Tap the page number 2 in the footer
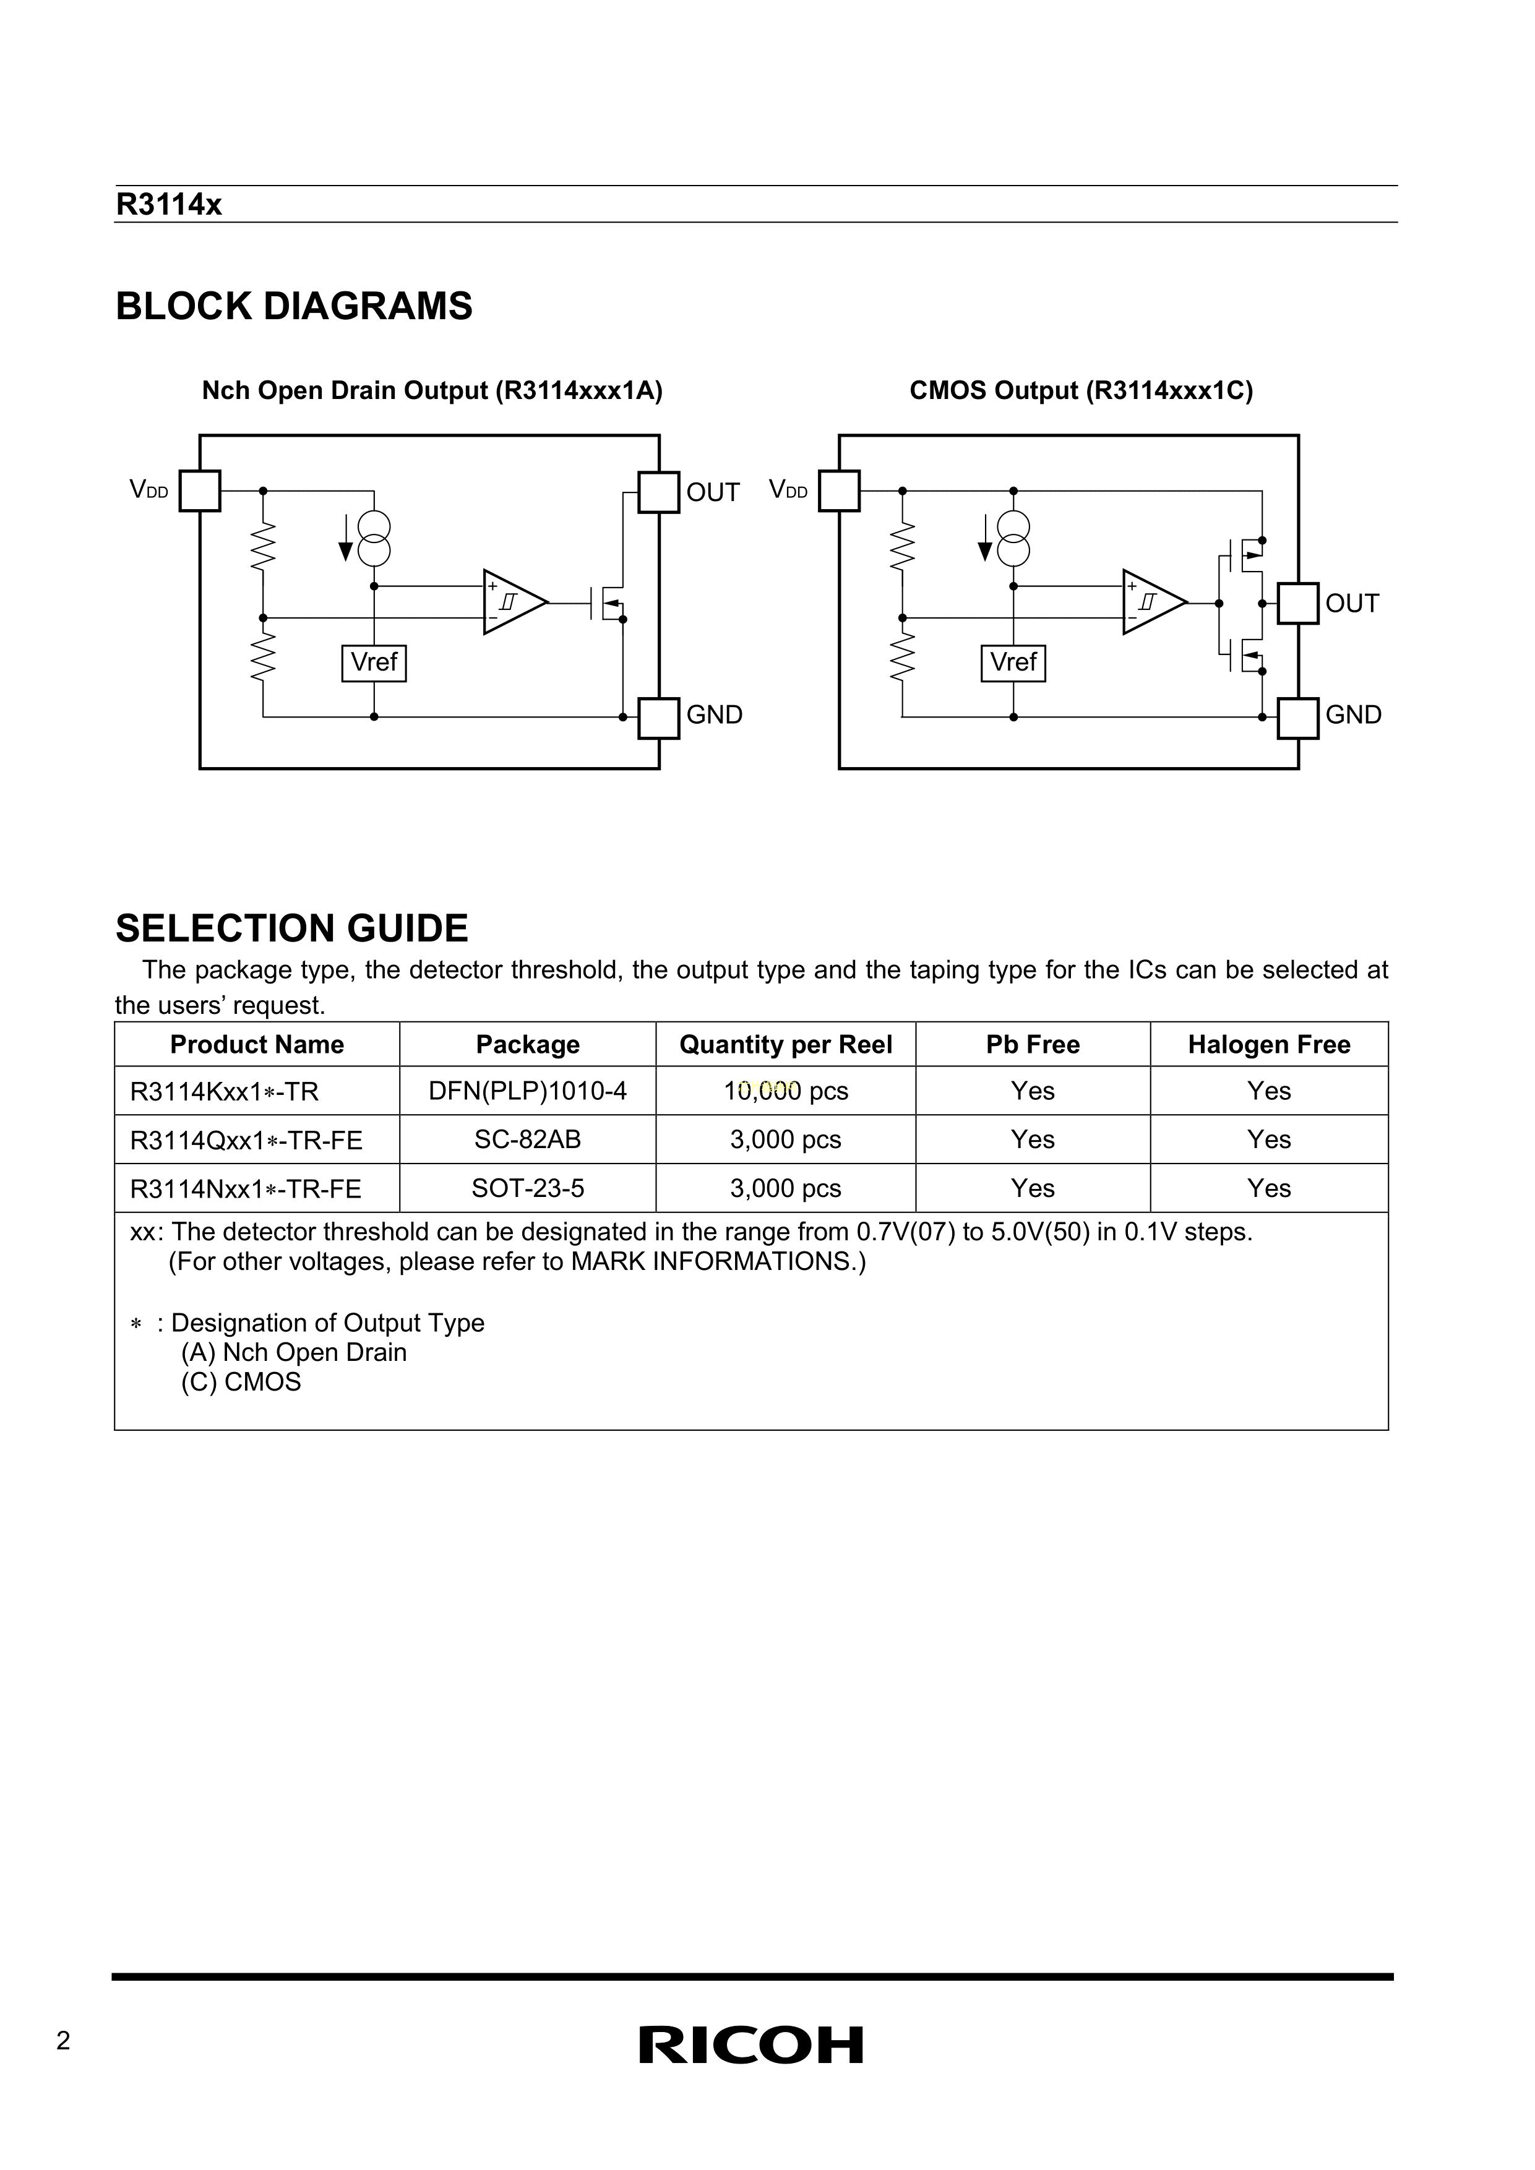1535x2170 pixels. (x=63, y=2041)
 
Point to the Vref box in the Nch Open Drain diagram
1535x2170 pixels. (x=374, y=663)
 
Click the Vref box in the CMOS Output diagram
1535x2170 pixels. (x=1013, y=663)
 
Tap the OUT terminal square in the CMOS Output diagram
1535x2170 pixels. (x=1298, y=603)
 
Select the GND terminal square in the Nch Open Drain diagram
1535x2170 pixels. (x=659, y=718)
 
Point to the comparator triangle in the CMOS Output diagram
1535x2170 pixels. (x=1152, y=602)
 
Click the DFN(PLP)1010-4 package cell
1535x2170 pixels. (x=527, y=1092)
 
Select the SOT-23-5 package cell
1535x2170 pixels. (x=527, y=1188)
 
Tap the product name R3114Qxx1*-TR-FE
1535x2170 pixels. (x=246, y=1141)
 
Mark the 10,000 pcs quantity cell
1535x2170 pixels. (x=786, y=1092)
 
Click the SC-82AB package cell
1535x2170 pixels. (x=527, y=1140)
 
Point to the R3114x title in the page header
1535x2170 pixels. (x=168, y=205)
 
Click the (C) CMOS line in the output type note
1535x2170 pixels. (x=241, y=1382)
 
